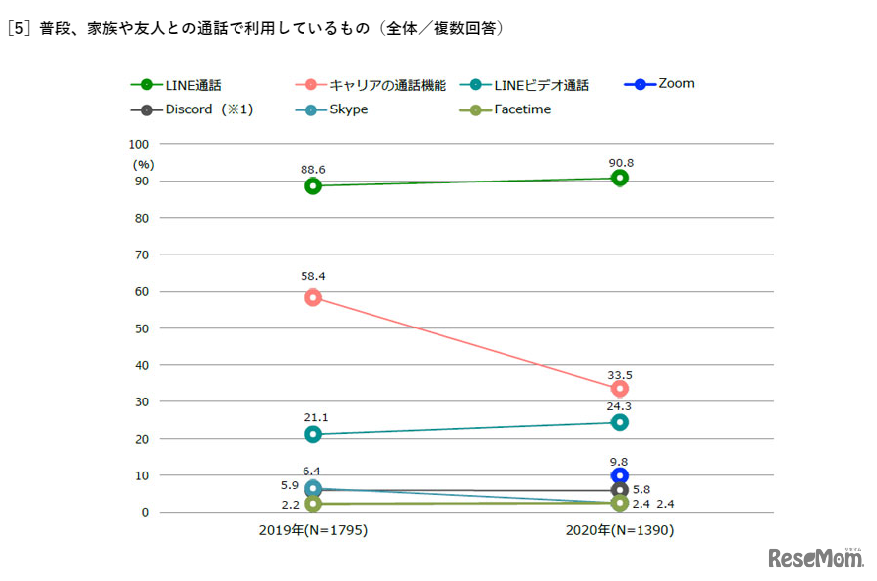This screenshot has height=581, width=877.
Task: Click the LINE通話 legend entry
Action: [x=181, y=86]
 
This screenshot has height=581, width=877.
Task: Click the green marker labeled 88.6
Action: [x=313, y=186]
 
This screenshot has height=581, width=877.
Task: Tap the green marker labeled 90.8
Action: [x=620, y=178]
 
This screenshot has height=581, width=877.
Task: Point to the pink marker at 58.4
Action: [x=313, y=297]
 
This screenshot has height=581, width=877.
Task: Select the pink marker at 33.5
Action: [x=620, y=389]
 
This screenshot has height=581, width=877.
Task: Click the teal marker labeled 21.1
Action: [x=313, y=434]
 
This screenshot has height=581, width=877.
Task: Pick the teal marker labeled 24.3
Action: [x=620, y=422]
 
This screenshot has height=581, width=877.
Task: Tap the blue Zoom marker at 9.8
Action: [x=620, y=475]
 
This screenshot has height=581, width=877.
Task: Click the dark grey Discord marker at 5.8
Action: [x=620, y=490]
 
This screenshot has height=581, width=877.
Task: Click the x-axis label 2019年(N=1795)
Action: [x=313, y=530]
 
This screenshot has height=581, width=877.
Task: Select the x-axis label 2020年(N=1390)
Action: [x=620, y=530]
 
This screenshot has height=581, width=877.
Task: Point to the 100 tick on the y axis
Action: [x=138, y=144]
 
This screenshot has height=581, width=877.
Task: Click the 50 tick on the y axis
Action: [x=142, y=328]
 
